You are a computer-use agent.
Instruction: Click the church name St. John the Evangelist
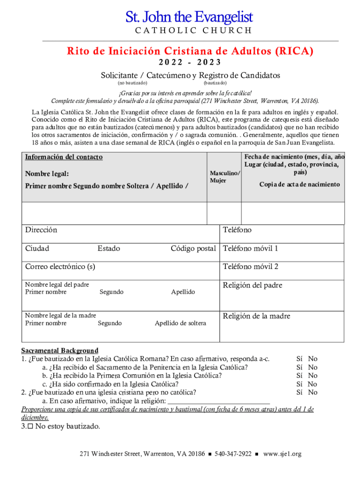pyautogui.click(x=189, y=18)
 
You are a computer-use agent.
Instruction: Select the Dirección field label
pyautogui.click(x=41, y=230)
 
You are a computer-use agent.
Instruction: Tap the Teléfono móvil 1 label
pyautogui.click(x=250, y=248)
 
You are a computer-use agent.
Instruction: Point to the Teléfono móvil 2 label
pyautogui.click(x=251, y=267)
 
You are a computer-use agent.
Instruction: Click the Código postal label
pyautogui.click(x=193, y=248)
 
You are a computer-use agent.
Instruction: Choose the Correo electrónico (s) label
pyautogui.click(x=60, y=267)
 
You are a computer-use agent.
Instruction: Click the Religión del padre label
pyautogui.click(x=252, y=285)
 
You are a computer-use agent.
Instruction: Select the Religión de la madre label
pyautogui.click(x=257, y=316)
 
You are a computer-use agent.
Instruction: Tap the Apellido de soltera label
pyautogui.click(x=180, y=323)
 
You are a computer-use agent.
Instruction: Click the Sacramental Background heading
pyautogui.click(x=60, y=350)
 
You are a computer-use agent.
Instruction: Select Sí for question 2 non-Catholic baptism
pyautogui.click(x=300, y=392)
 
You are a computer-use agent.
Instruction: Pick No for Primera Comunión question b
pyautogui.click(x=313, y=375)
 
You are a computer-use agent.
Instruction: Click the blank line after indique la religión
pyautogui.click(x=218, y=400)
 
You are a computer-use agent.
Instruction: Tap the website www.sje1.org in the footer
pyautogui.click(x=282, y=454)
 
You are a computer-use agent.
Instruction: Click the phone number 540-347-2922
pyautogui.click(x=233, y=454)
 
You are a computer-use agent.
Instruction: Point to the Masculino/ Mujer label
pyautogui.click(x=225, y=177)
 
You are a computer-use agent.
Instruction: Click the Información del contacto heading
pyautogui.click(x=64, y=157)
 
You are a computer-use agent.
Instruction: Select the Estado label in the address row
pyautogui.click(x=108, y=248)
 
